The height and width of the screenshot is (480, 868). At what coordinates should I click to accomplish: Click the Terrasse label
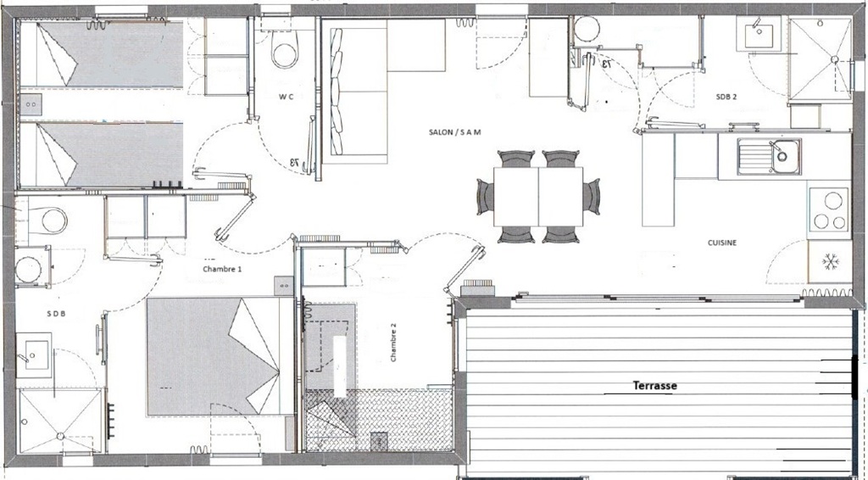655,385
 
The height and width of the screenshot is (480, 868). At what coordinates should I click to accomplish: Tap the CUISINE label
722,243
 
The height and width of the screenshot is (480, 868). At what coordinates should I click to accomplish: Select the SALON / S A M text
455,131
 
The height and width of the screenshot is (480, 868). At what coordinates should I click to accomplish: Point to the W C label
286,97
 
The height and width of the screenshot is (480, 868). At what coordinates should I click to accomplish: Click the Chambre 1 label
223,269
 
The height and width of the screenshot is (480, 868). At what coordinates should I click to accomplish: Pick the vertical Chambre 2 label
393,342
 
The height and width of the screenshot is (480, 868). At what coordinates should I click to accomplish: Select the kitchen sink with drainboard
769,156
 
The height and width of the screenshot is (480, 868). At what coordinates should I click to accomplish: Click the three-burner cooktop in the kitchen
829,209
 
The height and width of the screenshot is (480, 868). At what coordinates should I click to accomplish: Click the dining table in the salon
538,197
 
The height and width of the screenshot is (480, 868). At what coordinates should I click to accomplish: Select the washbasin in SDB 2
759,34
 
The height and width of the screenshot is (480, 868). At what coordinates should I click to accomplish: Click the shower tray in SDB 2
821,59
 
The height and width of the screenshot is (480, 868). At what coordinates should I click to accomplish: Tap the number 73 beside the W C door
294,164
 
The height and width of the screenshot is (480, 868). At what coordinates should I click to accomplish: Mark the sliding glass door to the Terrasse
658,299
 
